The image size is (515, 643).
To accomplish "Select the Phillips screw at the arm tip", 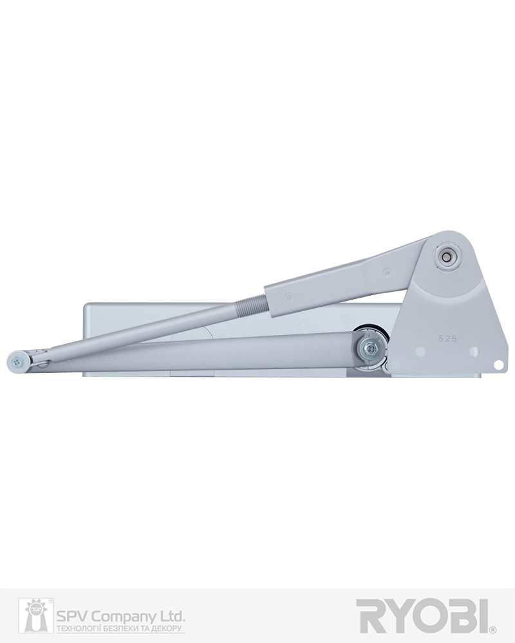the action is (17, 361).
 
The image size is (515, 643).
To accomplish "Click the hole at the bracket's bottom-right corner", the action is (498, 364).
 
